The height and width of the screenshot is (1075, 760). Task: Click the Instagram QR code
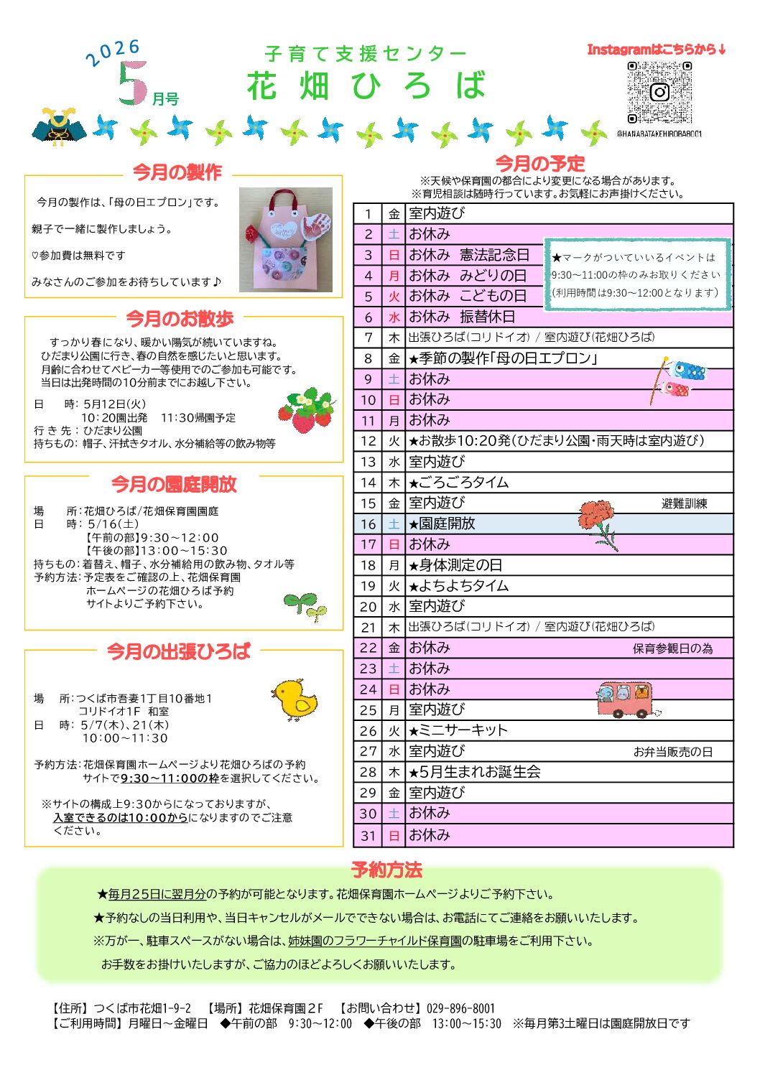[x=659, y=92]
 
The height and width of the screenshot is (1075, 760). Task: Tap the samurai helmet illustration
[x=59, y=127]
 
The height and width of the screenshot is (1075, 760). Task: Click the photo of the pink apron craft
[x=286, y=239]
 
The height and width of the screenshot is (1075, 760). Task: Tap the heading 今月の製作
[x=177, y=172]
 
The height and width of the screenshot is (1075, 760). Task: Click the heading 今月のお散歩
[x=180, y=318]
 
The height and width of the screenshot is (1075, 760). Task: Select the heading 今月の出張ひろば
[x=178, y=651]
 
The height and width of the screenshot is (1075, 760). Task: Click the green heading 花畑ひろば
[x=366, y=86]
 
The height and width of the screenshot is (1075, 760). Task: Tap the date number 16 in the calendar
[x=368, y=524]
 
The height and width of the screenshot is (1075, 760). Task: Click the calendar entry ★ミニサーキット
[x=458, y=730]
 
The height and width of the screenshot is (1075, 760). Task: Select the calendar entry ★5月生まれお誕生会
[x=474, y=772]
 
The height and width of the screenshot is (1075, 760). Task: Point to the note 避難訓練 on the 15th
[x=684, y=503]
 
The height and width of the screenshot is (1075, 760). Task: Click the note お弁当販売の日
[x=672, y=752]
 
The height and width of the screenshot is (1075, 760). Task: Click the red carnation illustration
[x=598, y=523]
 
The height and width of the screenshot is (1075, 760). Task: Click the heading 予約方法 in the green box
[x=386, y=870]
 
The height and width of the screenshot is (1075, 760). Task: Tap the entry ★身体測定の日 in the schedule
[x=455, y=565]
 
